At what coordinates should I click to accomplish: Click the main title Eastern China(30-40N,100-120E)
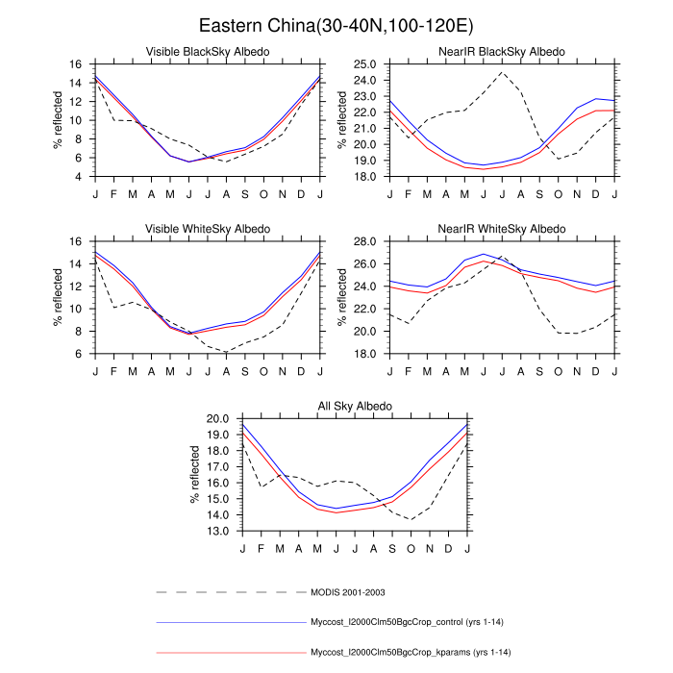click(336, 25)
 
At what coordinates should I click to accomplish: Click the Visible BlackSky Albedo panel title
click(208, 51)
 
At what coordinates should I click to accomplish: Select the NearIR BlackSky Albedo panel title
click(503, 51)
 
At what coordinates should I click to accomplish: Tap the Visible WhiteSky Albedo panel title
click(208, 228)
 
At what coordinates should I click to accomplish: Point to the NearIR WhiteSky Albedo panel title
click(503, 228)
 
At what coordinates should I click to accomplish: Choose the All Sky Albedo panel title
click(355, 406)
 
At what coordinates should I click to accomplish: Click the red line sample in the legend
click(230, 653)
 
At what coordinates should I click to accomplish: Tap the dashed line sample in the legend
click(230, 591)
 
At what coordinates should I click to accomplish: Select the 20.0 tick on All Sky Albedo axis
click(216, 419)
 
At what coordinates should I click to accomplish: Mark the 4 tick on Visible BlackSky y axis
click(76, 177)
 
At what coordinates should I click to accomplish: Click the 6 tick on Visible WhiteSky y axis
click(76, 354)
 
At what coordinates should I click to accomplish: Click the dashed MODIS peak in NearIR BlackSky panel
click(502, 72)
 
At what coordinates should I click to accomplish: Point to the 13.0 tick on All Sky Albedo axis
click(216, 531)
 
